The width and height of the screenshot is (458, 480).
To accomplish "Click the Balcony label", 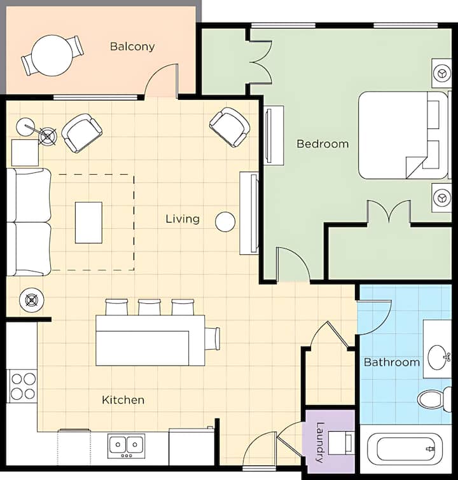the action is click(x=132, y=46).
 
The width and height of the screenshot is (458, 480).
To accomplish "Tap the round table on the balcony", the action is click(x=52, y=55).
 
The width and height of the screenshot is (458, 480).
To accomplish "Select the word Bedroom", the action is click(x=323, y=144).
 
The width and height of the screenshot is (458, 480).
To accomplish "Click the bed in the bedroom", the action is click(x=403, y=135).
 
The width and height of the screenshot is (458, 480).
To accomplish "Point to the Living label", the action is click(x=183, y=219).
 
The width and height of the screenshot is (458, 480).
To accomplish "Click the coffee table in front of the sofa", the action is click(x=89, y=223).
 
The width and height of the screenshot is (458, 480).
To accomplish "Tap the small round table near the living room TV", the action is click(x=225, y=222).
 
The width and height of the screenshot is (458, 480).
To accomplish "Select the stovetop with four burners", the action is click(x=24, y=387).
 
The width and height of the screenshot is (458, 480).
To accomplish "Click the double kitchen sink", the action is click(x=126, y=446).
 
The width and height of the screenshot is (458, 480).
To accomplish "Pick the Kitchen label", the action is click(x=123, y=400).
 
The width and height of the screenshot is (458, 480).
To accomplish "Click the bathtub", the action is click(x=405, y=449).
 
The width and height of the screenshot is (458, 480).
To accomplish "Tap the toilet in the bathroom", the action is click(x=434, y=399).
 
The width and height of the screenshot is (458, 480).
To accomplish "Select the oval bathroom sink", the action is click(x=437, y=357).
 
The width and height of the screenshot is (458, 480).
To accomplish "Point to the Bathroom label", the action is click(x=392, y=362).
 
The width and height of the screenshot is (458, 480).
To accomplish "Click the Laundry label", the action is click(x=320, y=442).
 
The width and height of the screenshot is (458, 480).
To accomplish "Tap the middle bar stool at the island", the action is click(x=149, y=307).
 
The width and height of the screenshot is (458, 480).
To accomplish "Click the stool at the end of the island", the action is click(x=212, y=339).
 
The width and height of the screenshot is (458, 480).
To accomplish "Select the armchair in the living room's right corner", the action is click(x=230, y=127).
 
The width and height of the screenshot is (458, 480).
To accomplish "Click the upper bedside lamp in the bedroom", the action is click(x=441, y=74).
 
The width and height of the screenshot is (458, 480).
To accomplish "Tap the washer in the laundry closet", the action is click(x=342, y=442).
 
